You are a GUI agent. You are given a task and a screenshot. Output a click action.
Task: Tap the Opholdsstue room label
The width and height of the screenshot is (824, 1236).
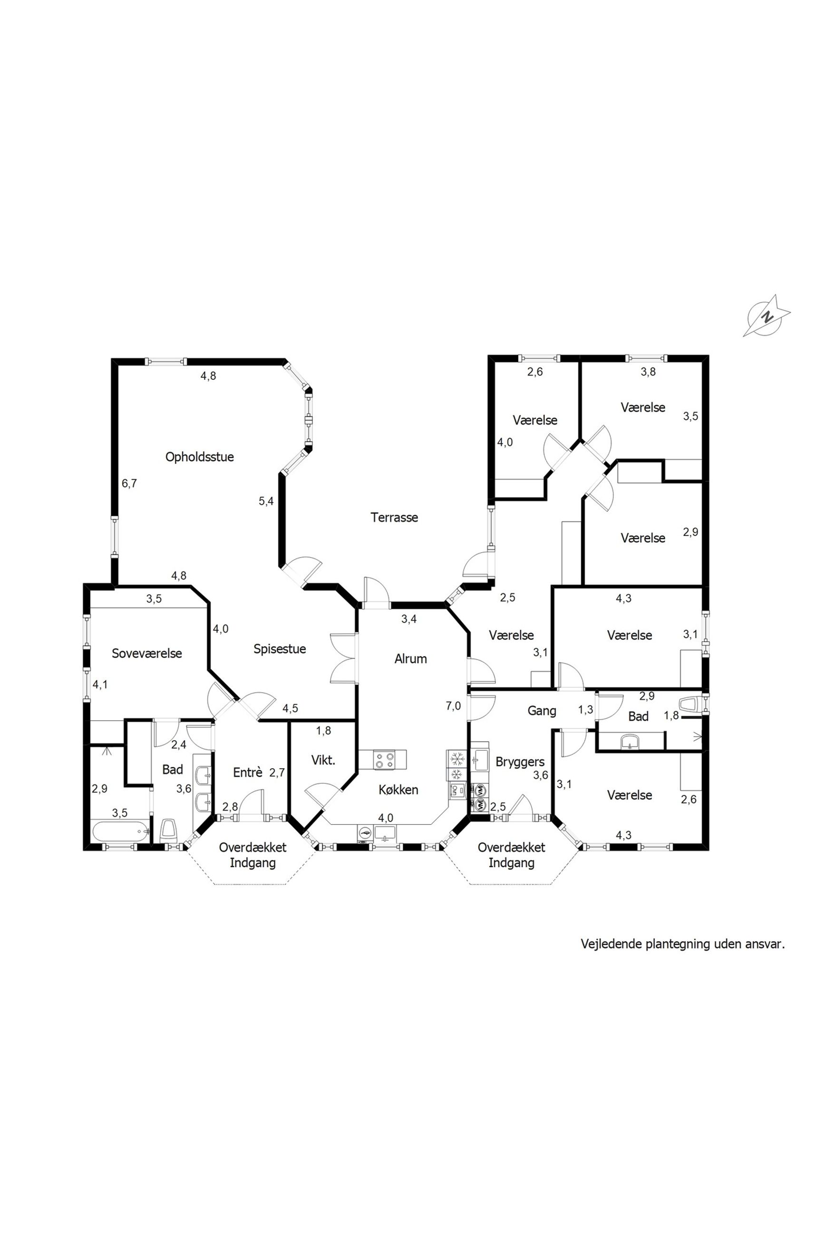pyautogui.click(x=199, y=457)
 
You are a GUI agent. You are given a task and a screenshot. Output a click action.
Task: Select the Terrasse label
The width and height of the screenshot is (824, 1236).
pyautogui.click(x=394, y=517)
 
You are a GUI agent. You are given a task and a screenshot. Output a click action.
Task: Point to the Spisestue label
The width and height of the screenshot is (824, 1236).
pyautogui.click(x=280, y=649)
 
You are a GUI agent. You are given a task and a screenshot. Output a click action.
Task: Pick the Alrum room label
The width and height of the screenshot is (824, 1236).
pyautogui.click(x=410, y=659)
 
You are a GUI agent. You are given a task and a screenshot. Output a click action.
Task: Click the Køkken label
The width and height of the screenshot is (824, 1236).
pyautogui.click(x=398, y=790)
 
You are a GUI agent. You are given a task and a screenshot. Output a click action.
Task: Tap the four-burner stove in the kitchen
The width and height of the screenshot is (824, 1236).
pyautogui.click(x=384, y=760)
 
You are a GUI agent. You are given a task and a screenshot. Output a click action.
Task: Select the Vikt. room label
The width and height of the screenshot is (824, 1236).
pyautogui.click(x=323, y=760)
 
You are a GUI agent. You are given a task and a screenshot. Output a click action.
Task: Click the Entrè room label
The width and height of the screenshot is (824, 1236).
pyautogui.click(x=248, y=772)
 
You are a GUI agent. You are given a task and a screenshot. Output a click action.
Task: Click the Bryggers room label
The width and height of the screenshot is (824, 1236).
pyautogui.click(x=520, y=762)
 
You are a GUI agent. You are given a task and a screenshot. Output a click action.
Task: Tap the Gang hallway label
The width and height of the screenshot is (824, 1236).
pyautogui.click(x=541, y=711)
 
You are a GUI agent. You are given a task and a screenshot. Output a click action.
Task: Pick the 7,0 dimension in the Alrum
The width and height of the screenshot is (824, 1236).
pyautogui.click(x=453, y=706)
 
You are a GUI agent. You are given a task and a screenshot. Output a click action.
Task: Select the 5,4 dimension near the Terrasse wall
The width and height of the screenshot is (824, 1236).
pyautogui.click(x=266, y=501)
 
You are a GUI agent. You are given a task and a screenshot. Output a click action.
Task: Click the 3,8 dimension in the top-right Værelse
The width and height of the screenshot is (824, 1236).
pyautogui.click(x=648, y=372)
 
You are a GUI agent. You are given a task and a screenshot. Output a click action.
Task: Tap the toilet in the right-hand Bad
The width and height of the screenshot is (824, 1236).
pyautogui.click(x=691, y=704)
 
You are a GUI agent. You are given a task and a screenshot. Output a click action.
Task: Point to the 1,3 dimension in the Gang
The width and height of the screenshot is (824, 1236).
pyautogui.click(x=585, y=710)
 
